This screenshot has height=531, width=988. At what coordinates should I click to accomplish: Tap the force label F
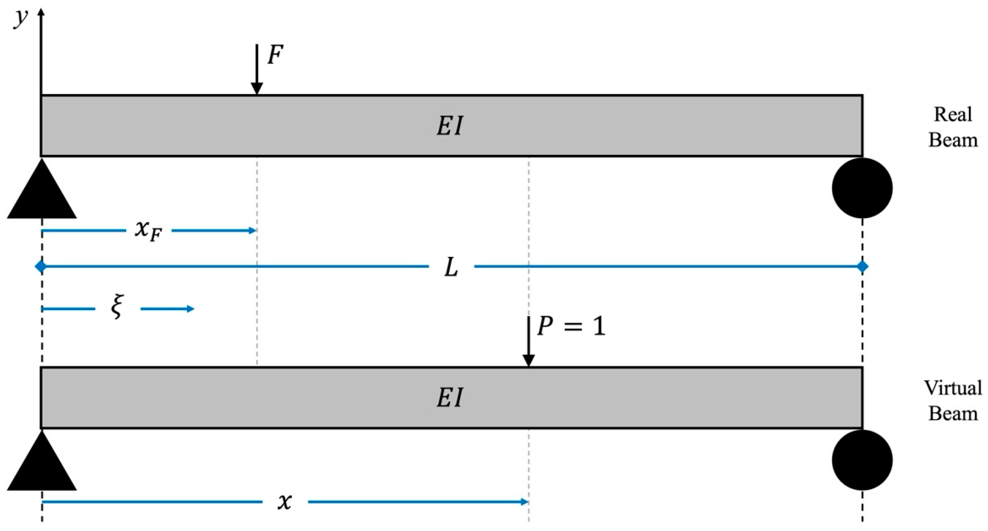pos(275,54)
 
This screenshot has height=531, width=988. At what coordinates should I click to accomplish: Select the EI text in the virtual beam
pos(450,398)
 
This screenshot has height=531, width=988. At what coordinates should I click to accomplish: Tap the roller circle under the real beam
pos(862,188)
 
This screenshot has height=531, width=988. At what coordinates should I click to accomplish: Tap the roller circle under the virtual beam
pos(862,460)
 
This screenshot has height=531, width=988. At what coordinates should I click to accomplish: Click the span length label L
pos(451,268)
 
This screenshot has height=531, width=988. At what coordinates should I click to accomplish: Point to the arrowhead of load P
pos(529,360)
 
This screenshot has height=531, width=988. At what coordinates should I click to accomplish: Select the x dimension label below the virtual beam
pos(285,501)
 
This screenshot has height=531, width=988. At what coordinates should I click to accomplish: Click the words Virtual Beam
pos(953,401)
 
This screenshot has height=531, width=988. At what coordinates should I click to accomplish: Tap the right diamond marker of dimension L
pos(862,266)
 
